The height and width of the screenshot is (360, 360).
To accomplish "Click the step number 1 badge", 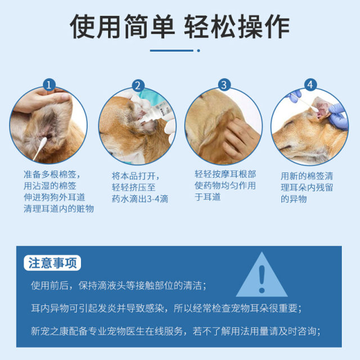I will pyautogui.click(x=49, y=85).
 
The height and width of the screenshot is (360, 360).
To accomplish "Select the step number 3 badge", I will pyautogui.click(x=224, y=85).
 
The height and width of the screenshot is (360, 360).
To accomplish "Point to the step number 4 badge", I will pyautogui.click(x=310, y=85).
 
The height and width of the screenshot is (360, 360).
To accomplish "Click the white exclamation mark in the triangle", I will pyautogui.click(x=262, y=276).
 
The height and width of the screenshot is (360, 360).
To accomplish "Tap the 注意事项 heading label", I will pyautogui.click(x=54, y=263).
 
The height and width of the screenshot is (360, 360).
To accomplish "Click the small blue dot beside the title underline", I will pyautogui.click(x=198, y=51).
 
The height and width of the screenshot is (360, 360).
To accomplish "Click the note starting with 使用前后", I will pyautogui.click(x=119, y=285).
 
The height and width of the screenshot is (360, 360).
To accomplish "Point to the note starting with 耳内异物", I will pyautogui.click(x=166, y=308).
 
